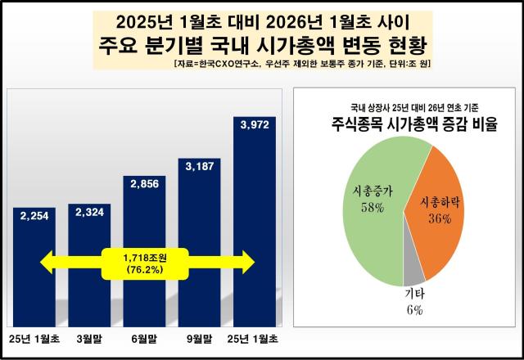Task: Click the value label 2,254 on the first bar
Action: click(x=34, y=215)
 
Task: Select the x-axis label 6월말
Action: click(x=145, y=338)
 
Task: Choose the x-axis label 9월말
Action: click(x=200, y=338)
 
